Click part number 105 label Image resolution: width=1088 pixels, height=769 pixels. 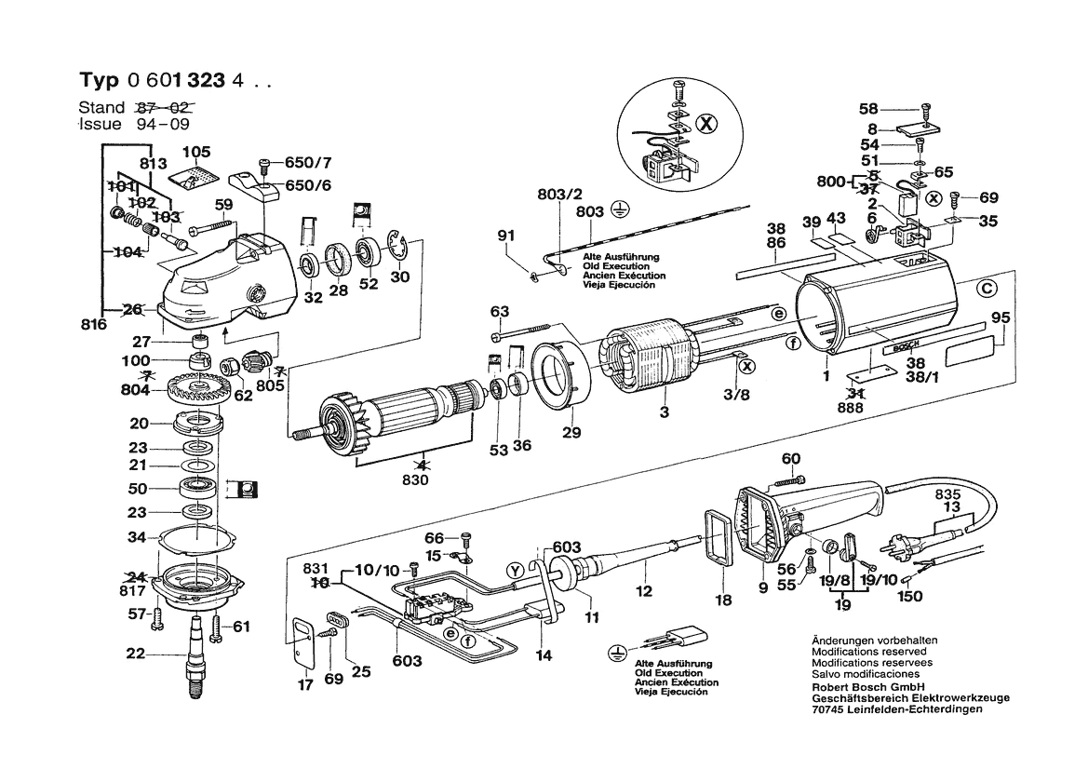196,152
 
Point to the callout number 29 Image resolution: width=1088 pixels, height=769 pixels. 571,433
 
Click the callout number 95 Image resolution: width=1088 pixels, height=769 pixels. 1000,318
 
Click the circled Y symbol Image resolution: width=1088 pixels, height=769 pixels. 513,570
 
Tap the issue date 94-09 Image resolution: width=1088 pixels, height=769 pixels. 163,124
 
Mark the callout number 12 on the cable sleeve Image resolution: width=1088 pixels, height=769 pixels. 643,590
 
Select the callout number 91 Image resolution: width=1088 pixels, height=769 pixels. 504,235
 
